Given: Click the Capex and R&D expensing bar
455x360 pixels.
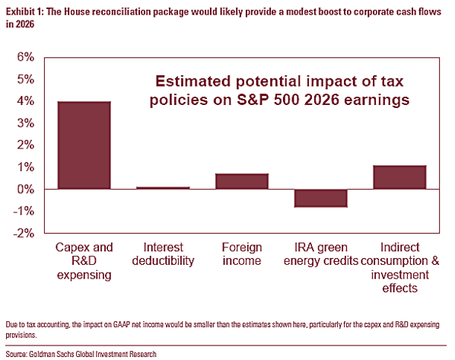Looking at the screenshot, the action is [x=84, y=145].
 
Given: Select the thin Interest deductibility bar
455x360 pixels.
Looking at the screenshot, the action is [x=163, y=188].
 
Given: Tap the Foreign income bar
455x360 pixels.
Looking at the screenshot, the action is [x=242, y=181].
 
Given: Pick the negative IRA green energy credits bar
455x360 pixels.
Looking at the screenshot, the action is [x=321, y=199].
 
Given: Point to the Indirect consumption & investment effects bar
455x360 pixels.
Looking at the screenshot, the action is [x=400, y=177].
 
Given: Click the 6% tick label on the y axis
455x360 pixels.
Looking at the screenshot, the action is [x=26, y=57].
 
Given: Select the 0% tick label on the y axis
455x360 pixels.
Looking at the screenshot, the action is [x=26, y=190].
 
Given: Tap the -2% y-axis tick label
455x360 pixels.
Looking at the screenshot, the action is [x=24, y=233].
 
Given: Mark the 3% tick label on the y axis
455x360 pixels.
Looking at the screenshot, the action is [x=26, y=123].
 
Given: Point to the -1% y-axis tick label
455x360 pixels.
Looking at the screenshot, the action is [x=24, y=212].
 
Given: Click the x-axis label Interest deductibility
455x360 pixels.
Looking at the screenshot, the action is [x=163, y=254].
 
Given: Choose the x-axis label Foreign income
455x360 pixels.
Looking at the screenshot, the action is [x=242, y=254].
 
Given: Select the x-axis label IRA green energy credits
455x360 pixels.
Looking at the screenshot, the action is [x=321, y=254].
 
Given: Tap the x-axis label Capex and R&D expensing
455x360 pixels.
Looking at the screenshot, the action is [x=84, y=261].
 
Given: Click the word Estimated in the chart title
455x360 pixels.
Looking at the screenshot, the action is [x=193, y=81].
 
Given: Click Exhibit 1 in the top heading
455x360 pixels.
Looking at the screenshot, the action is [x=24, y=12].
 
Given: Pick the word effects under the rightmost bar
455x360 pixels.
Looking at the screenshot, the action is [x=400, y=288].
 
